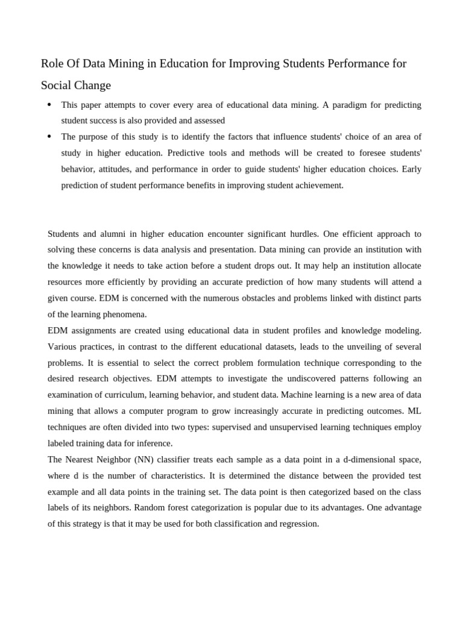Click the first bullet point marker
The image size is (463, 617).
point(49,105)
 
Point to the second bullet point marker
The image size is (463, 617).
point(49,137)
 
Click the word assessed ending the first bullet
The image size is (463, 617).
point(208,121)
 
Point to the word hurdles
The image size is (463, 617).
point(303,234)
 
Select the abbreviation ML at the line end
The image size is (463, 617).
point(415,411)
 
